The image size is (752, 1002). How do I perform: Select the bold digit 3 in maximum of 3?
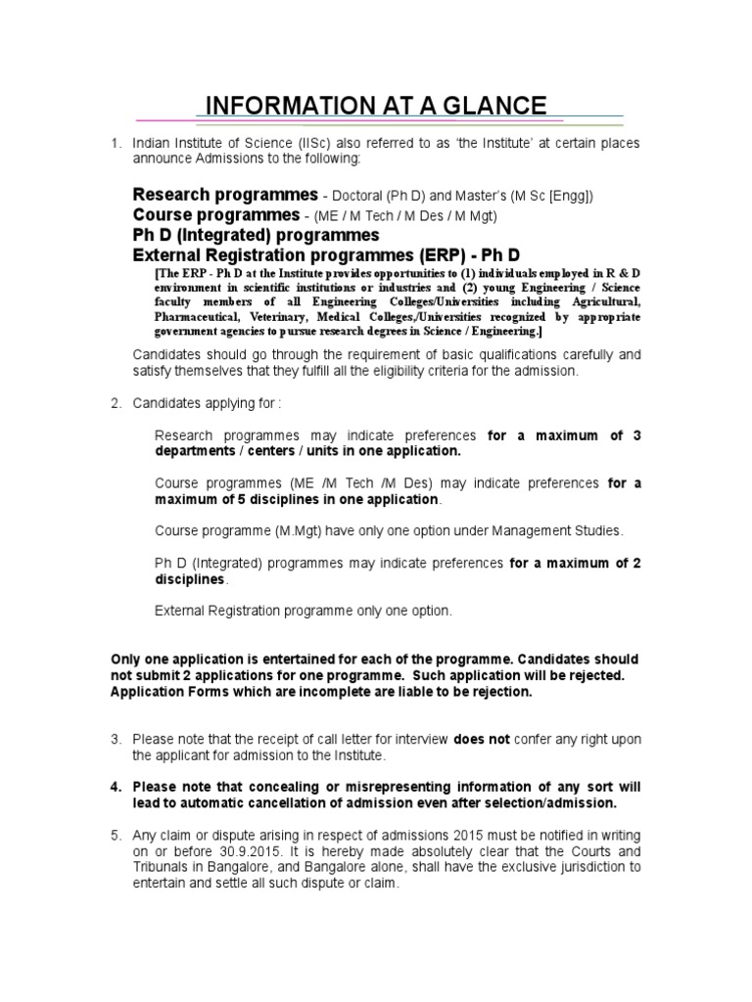click(637, 435)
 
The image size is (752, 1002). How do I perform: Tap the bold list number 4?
click(115, 787)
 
